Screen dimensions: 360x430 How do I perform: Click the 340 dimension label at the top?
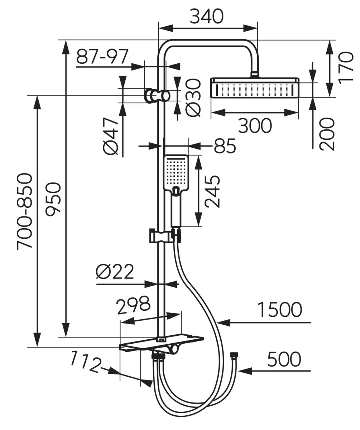click(206, 16)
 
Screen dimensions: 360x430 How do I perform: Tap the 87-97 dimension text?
click(102, 56)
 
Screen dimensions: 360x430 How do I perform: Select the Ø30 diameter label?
click(193, 98)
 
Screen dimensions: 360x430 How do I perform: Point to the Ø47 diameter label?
click(111, 136)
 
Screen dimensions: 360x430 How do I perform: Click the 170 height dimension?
click(346, 68)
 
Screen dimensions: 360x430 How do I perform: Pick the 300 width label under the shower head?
click(255, 125)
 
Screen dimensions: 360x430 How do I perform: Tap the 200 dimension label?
click(327, 134)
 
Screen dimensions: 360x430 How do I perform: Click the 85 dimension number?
click(225, 146)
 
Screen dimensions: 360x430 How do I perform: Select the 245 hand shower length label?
click(212, 191)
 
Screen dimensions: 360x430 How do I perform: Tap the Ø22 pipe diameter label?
click(115, 272)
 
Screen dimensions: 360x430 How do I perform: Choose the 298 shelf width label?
click(134, 305)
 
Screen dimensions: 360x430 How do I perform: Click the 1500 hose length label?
click(280, 310)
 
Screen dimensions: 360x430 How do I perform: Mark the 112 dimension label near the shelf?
click(86, 362)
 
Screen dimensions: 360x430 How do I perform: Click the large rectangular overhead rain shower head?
click(255, 88)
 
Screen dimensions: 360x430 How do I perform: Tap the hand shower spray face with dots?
click(176, 173)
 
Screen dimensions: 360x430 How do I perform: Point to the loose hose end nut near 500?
click(234, 355)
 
